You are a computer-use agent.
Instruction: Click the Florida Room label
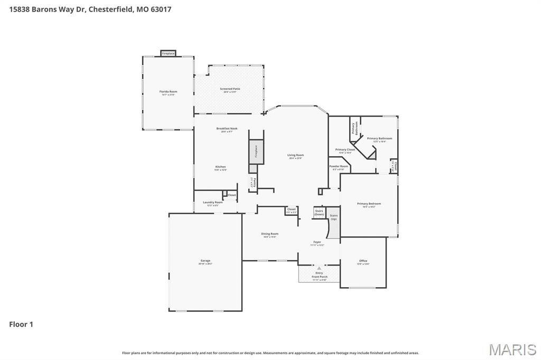[169, 92]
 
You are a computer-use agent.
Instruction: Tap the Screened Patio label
[230, 89]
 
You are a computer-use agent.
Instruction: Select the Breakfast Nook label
[227, 129]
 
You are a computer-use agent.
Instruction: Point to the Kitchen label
[220, 167]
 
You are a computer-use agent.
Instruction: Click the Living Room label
[295, 156]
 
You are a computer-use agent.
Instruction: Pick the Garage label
[205, 261]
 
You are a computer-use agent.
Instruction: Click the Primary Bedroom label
[369, 204]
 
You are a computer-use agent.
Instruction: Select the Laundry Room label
[213, 203]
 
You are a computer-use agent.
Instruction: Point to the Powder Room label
[339, 167]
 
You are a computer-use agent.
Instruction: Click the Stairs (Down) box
[319, 212]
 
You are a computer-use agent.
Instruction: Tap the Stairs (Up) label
[333, 217]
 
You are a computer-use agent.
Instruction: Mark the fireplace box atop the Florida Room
[168, 53]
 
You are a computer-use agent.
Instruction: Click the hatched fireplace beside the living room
[256, 151]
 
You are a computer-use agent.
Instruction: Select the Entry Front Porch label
[319, 275]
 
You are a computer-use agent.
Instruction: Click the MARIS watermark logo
[512, 349]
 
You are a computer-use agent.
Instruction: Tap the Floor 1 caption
[21, 324]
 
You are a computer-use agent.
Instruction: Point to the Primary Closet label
[345, 150]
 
